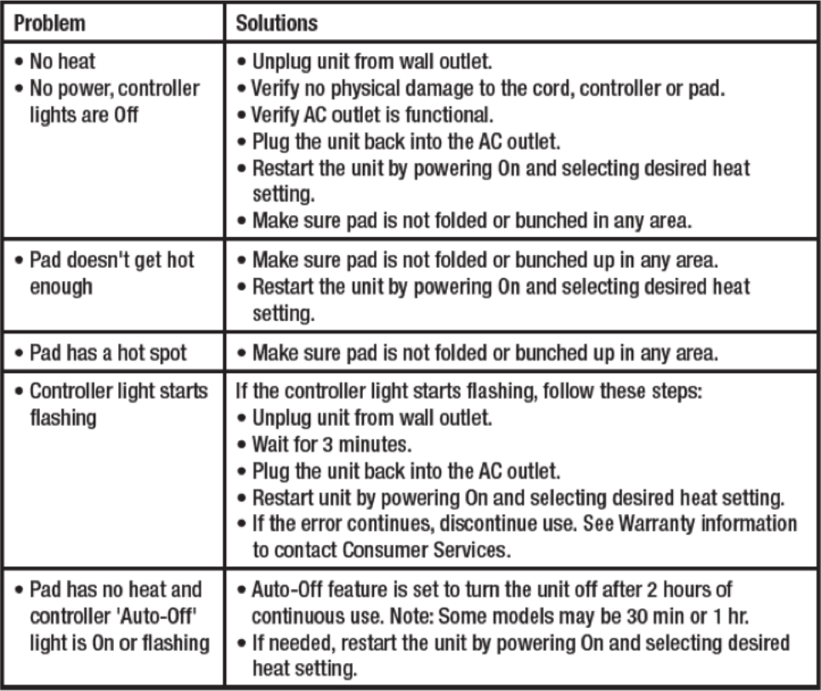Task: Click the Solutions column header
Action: click(x=276, y=23)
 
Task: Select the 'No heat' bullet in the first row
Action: click(x=59, y=61)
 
